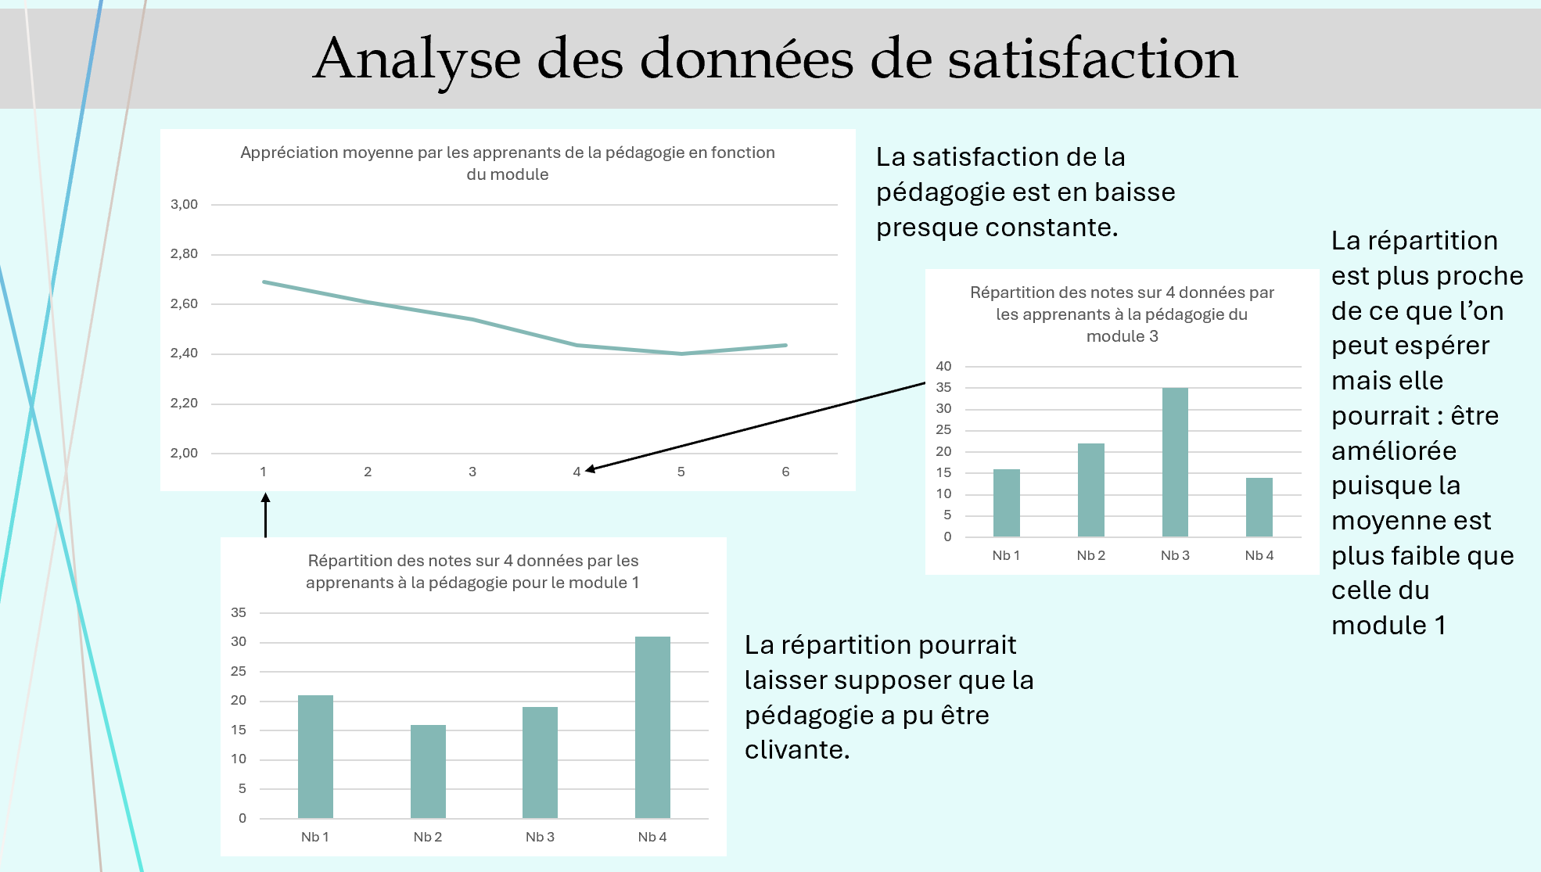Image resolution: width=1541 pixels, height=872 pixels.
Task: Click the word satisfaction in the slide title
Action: click(1093, 59)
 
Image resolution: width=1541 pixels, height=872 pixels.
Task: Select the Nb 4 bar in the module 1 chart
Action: click(652, 727)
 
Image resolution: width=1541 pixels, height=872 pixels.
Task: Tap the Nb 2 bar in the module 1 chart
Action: click(428, 771)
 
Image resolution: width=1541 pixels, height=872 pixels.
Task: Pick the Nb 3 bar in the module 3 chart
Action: click(1175, 462)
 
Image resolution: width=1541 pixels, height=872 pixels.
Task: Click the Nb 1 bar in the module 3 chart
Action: click(1007, 503)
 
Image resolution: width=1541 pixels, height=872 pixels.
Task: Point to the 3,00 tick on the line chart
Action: click(185, 204)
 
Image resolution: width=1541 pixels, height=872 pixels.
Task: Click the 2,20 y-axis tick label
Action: click(185, 404)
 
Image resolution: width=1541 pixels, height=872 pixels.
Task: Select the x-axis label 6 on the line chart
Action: click(785, 472)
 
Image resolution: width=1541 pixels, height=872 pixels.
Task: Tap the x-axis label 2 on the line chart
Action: click(368, 472)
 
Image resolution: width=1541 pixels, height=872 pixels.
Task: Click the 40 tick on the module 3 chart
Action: click(943, 366)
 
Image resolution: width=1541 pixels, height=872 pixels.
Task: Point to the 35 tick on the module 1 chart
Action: click(239, 612)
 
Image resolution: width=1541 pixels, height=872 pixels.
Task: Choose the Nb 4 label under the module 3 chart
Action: click(1259, 555)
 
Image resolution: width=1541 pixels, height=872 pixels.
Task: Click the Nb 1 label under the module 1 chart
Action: click(315, 837)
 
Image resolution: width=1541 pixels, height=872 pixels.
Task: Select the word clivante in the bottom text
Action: click(796, 750)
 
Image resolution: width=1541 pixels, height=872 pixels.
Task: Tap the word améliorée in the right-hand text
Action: click(1394, 451)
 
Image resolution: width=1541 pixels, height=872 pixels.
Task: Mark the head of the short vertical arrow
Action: click(266, 498)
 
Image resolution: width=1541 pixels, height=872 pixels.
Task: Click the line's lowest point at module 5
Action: click(681, 353)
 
